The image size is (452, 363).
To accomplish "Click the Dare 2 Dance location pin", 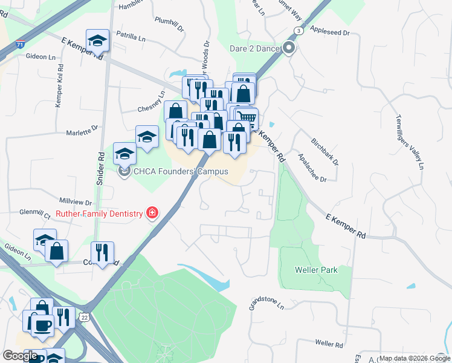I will [x=289, y=48].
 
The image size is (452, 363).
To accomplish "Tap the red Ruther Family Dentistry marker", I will [x=152, y=213].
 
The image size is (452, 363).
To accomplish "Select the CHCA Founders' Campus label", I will [x=181, y=172].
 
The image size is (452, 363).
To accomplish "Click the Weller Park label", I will [x=316, y=270].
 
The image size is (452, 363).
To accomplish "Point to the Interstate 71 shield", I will [x=21, y=44].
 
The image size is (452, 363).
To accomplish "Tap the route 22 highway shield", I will [x=85, y=316].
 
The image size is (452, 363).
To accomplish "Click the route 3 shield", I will [x=298, y=30].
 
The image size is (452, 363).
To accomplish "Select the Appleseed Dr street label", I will [x=330, y=28].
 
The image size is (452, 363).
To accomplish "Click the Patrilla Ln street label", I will [x=131, y=38].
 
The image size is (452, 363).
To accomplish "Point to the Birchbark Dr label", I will [x=325, y=152].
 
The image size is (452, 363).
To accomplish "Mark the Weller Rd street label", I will [x=329, y=343].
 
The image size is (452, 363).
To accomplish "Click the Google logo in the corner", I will [x=20, y=355].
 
